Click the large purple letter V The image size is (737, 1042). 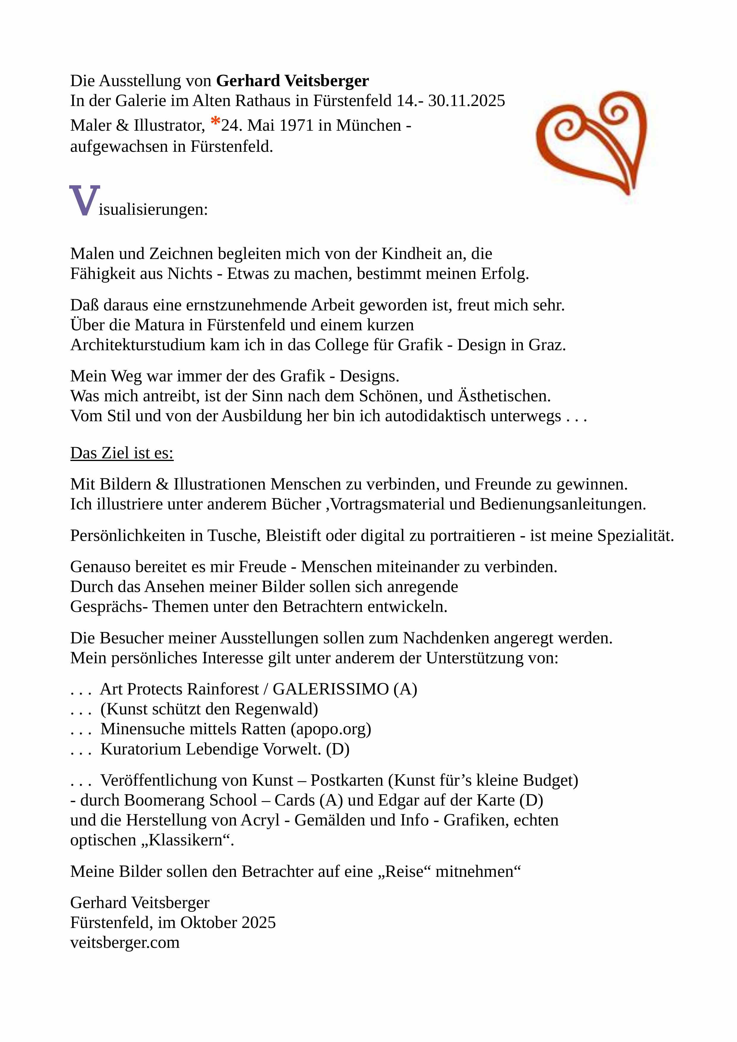coord(84,201)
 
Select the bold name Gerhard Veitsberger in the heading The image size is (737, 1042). coord(292,81)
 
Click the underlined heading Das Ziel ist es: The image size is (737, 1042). coord(121,453)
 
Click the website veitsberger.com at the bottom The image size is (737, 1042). coord(125,942)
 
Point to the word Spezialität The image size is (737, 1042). coord(635,536)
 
